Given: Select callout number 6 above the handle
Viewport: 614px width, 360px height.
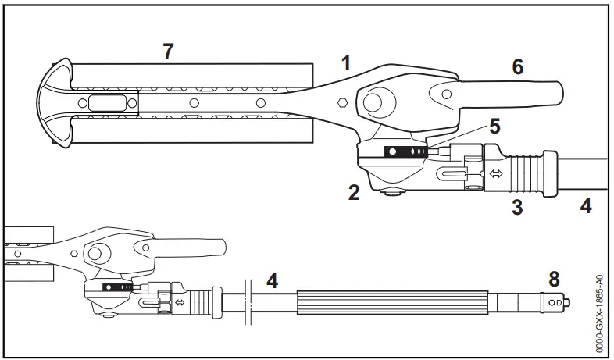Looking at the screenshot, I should [516, 67].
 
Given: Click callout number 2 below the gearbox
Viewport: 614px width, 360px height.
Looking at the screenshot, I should [354, 192].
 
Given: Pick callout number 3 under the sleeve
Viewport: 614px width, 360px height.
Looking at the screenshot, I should [516, 206].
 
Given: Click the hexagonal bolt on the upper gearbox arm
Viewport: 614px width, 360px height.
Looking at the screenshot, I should [341, 102].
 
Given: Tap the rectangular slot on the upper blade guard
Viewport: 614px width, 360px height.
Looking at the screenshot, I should [105, 103].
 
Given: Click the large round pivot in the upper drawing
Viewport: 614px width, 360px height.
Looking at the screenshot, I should [372, 102].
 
